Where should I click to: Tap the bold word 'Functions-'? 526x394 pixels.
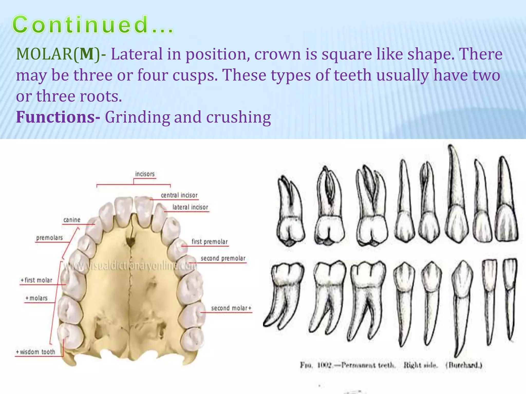click(58, 117)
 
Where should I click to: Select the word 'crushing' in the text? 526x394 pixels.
click(238, 117)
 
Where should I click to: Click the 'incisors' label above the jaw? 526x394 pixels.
click(145, 174)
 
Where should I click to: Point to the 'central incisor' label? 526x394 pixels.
click(179, 195)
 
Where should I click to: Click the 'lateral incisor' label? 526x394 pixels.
click(190, 207)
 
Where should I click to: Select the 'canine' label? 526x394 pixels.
click(72, 220)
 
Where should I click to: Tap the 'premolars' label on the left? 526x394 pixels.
click(50, 238)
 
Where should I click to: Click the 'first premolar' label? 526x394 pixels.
click(210, 242)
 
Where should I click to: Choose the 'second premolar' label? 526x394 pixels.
click(223, 258)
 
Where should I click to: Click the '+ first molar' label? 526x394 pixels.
click(36, 280)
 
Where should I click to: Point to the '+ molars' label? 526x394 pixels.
click(36, 298)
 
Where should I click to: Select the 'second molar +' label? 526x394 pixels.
click(231, 308)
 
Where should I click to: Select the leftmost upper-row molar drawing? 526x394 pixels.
click(290, 213)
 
